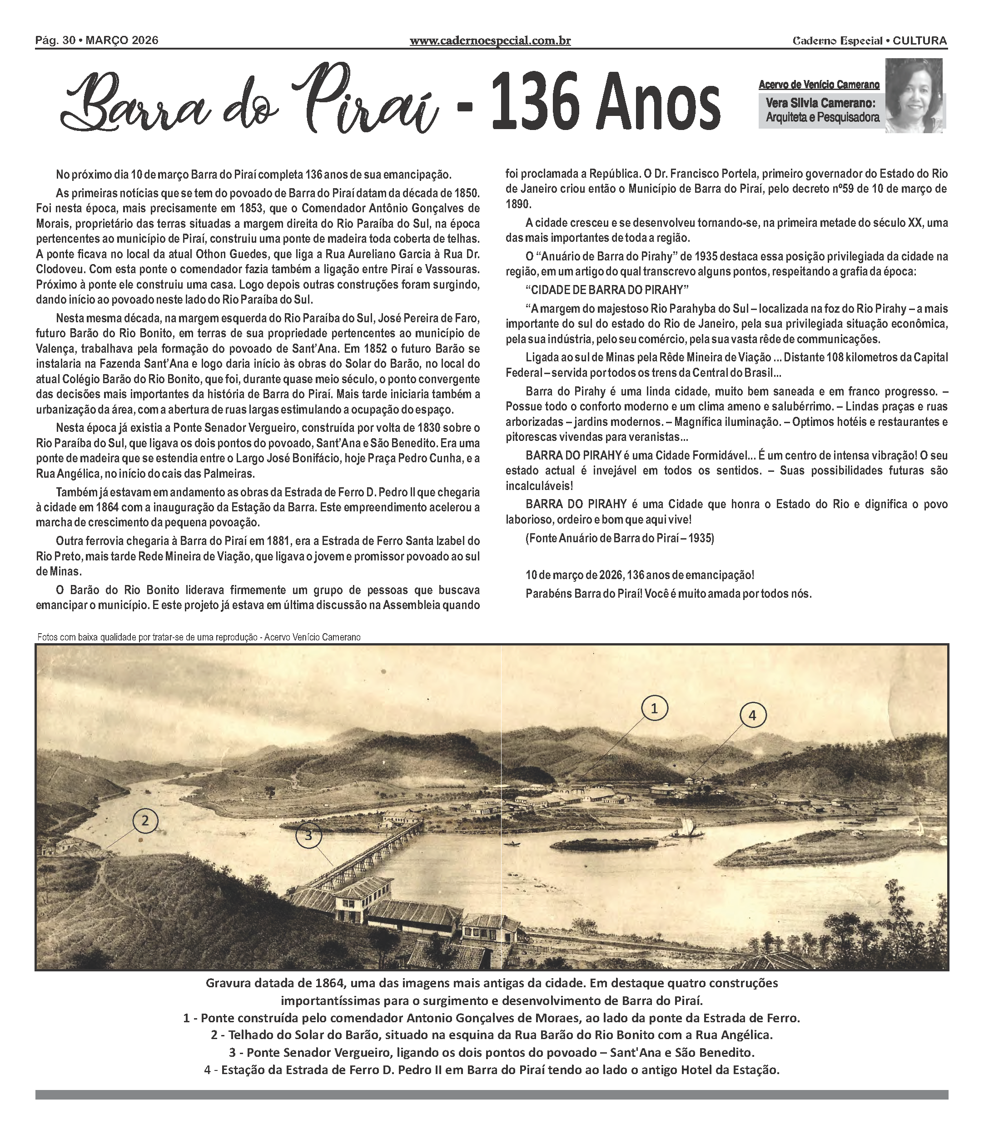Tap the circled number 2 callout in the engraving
click(x=145, y=821)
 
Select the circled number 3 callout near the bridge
click(x=308, y=835)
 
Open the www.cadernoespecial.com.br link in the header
click(x=490, y=40)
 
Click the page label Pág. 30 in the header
click(x=55, y=40)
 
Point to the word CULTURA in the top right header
click(x=920, y=40)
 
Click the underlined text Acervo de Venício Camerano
click(x=819, y=85)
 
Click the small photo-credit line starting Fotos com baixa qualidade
click(x=199, y=637)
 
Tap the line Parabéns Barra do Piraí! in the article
click(x=668, y=594)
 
